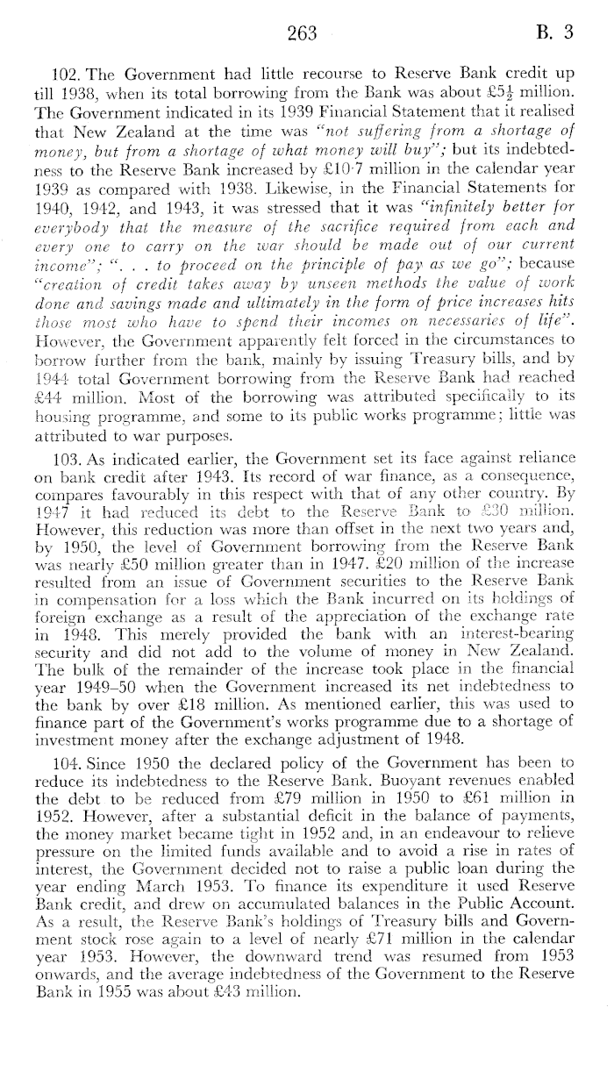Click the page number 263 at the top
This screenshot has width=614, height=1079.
click(300, 33)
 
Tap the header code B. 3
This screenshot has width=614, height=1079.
click(556, 33)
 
